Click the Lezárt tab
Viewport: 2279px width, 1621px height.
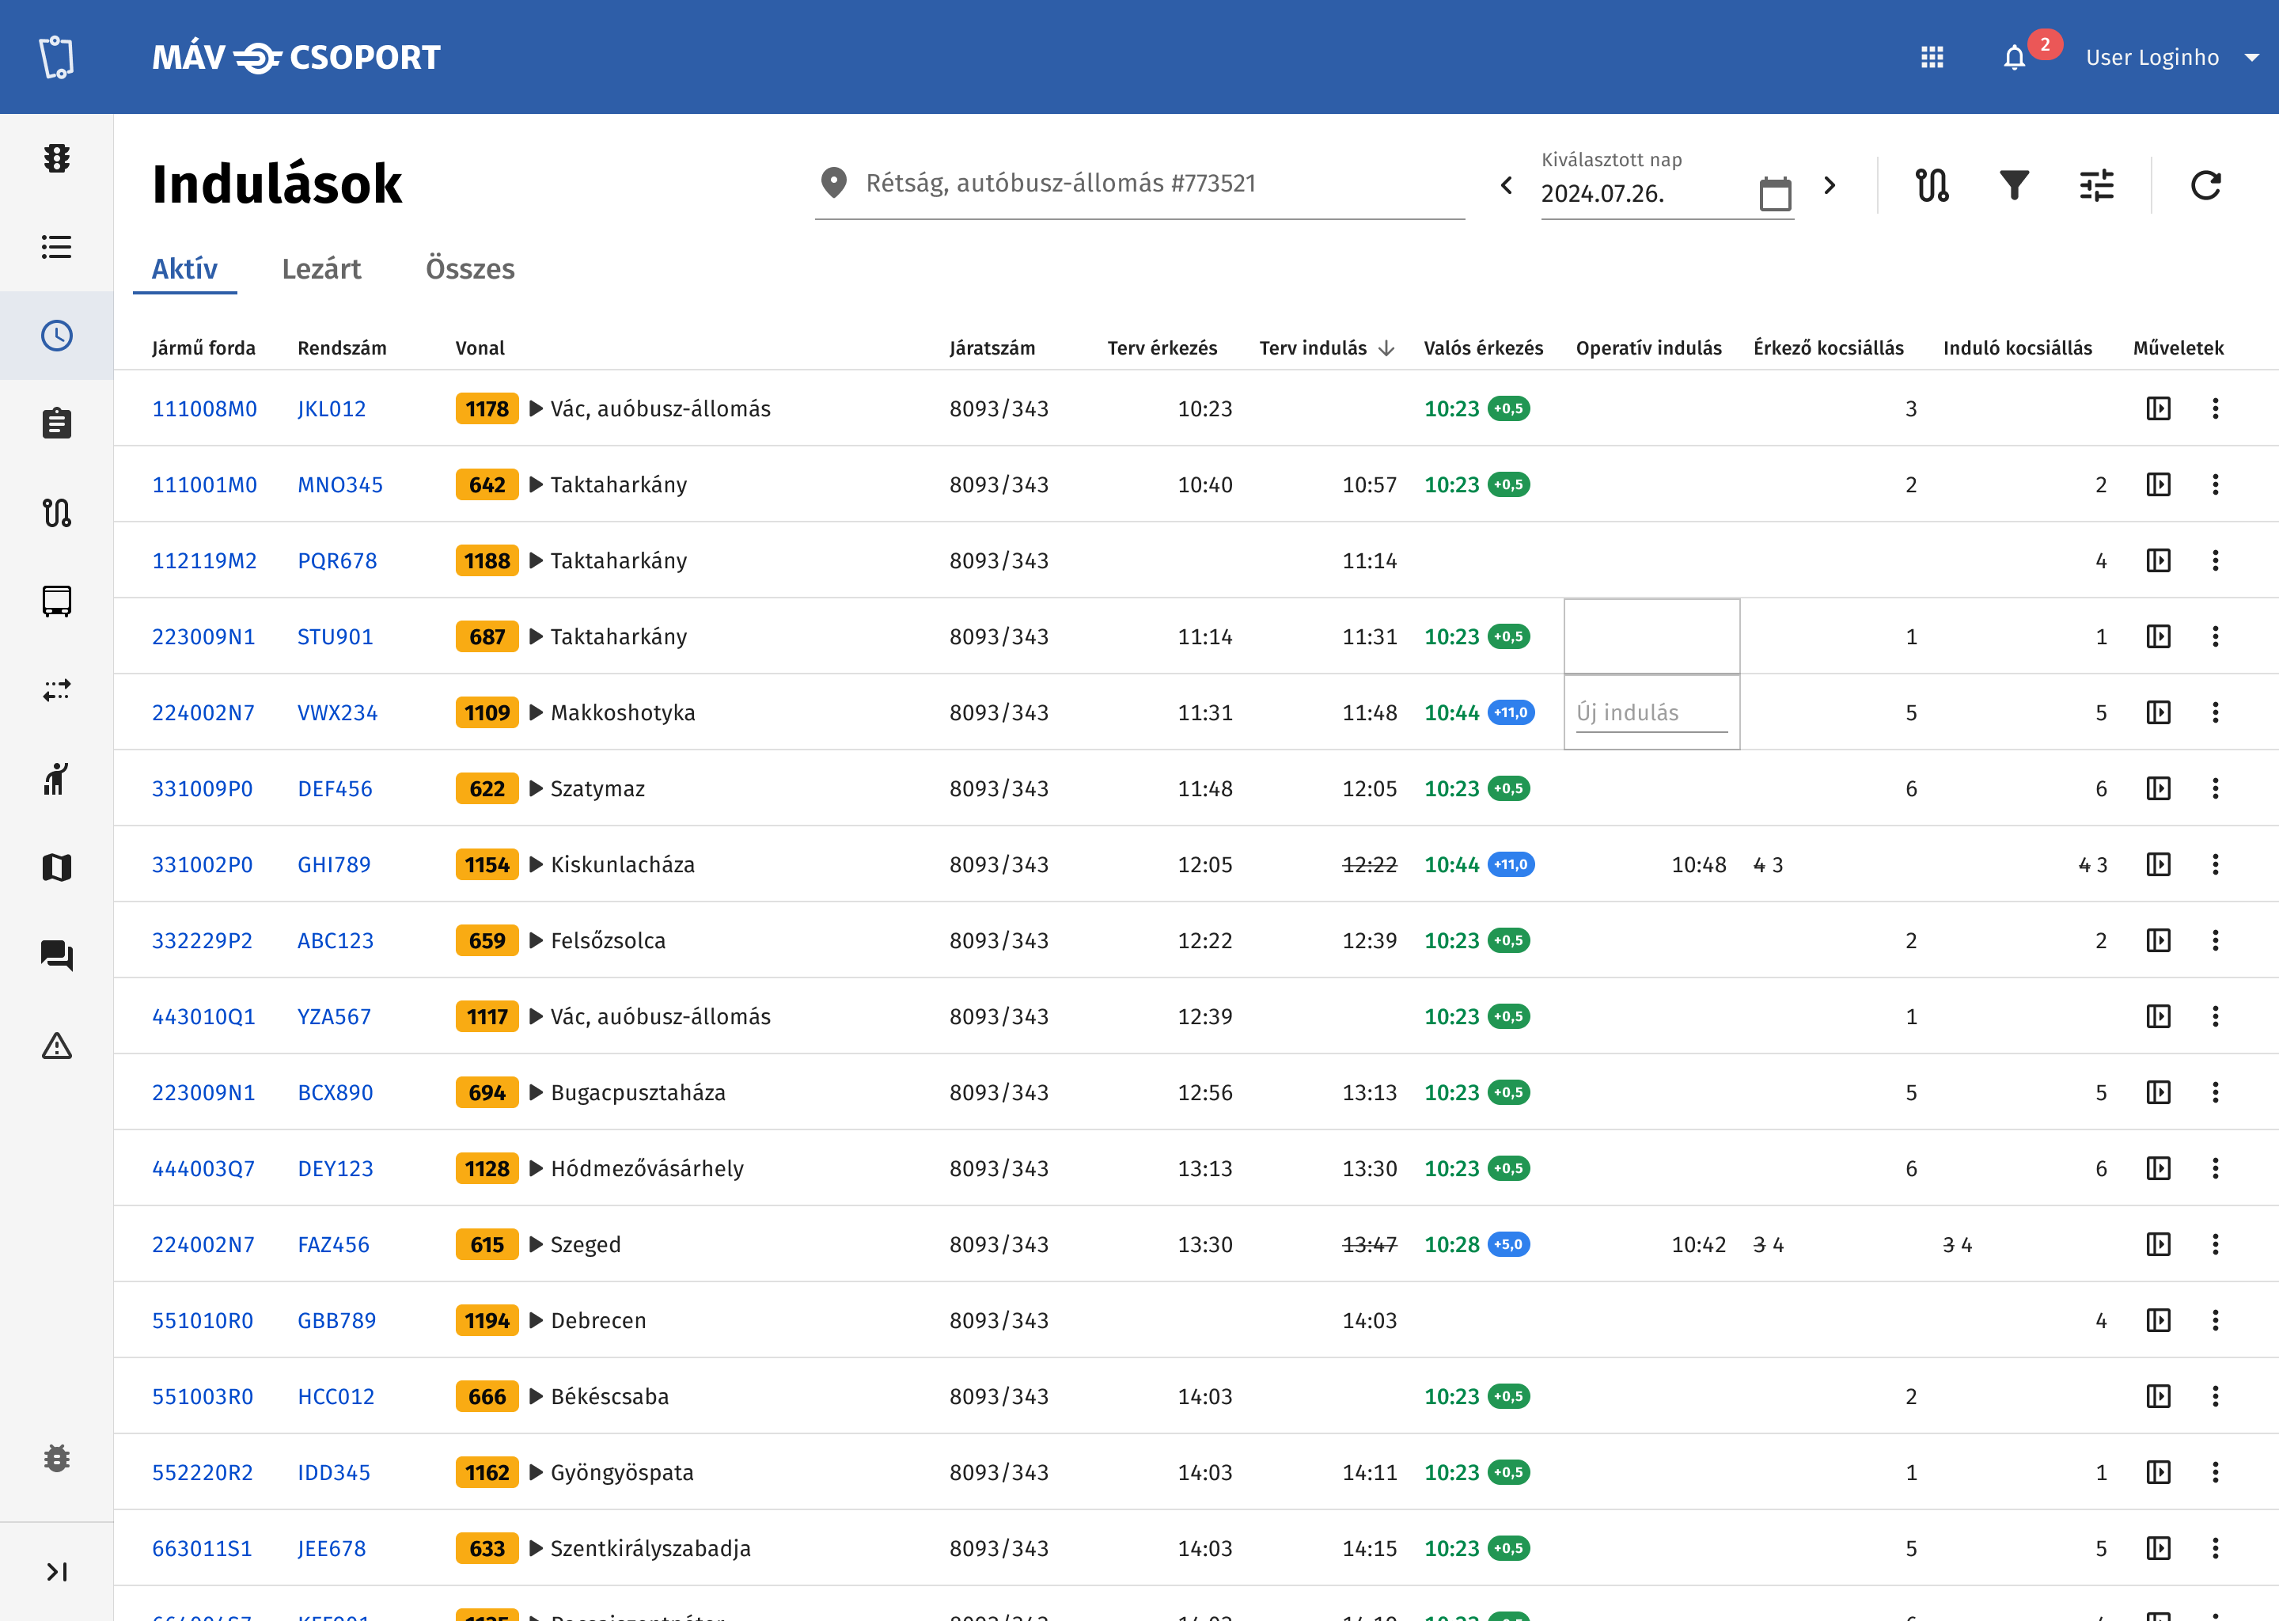321,268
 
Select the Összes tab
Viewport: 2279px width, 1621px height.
470,268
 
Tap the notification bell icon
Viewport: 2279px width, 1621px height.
2015,58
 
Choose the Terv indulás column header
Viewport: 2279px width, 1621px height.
1313,347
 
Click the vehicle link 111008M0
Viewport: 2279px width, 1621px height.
204,408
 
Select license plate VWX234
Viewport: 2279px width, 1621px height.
337,712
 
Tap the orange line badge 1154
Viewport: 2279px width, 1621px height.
487,864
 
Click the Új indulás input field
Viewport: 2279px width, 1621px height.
1651,712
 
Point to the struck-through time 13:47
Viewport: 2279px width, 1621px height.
1369,1245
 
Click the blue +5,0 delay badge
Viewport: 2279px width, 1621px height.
1509,1245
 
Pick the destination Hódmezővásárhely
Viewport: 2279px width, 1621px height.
647,1169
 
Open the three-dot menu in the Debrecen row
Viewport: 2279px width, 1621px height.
2215,1320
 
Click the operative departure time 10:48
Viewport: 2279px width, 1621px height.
1698,864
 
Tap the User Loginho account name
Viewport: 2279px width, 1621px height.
2152,58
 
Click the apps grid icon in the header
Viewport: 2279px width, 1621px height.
1932,58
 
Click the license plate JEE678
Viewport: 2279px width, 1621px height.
332,1548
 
